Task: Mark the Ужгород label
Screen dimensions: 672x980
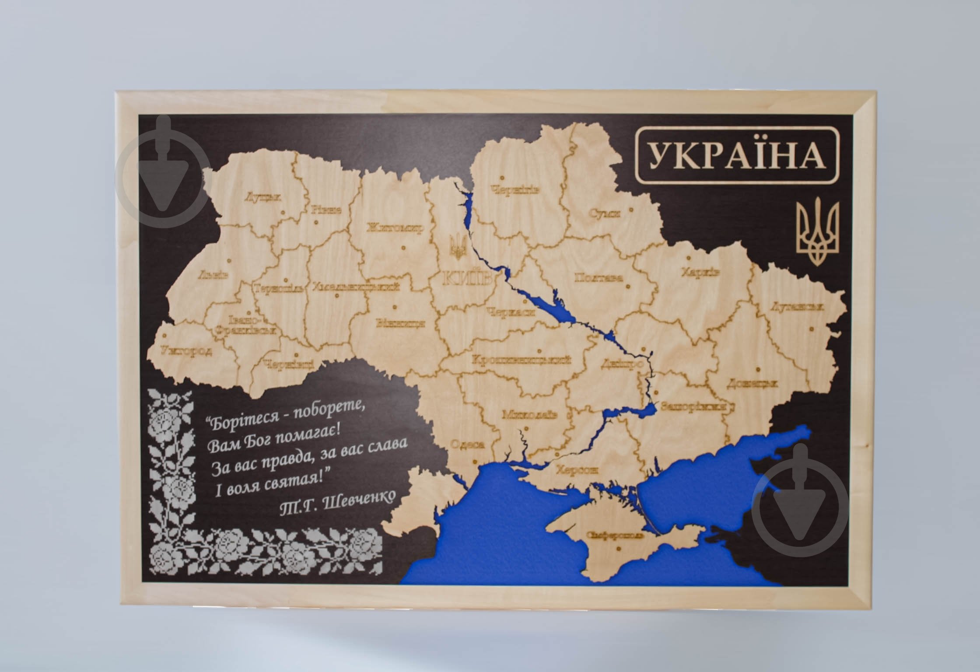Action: pyautogui.click(x=187, y=350)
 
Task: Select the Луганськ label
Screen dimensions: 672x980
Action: pyautogui.click(x=797, y=307)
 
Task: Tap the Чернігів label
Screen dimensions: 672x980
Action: pyautogui.click(x=515, y=190)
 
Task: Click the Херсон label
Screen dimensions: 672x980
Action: pyautogui.click(x=577, y=470)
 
